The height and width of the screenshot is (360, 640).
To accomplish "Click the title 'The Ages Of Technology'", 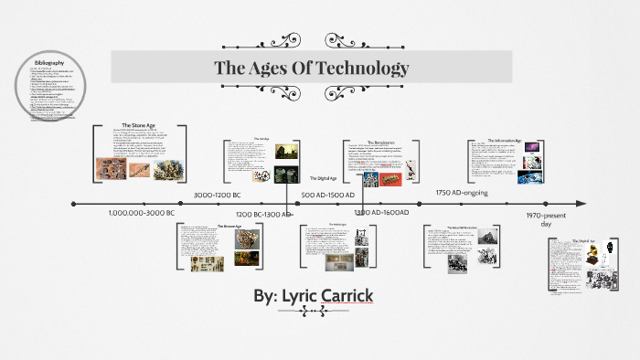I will [311, 69].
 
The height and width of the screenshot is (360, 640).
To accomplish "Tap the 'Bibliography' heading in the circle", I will [48, 62].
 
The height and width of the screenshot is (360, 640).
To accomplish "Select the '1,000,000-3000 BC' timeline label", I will [141, 212].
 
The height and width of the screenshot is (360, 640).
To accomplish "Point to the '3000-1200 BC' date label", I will [218, 195].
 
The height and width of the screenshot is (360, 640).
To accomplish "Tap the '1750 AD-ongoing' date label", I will [462, 193].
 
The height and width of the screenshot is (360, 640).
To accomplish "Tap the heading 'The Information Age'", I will [504, 141].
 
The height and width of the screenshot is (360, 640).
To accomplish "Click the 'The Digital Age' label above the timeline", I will [324, 177].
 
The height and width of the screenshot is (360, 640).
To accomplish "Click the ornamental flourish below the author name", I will [314, 312].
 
